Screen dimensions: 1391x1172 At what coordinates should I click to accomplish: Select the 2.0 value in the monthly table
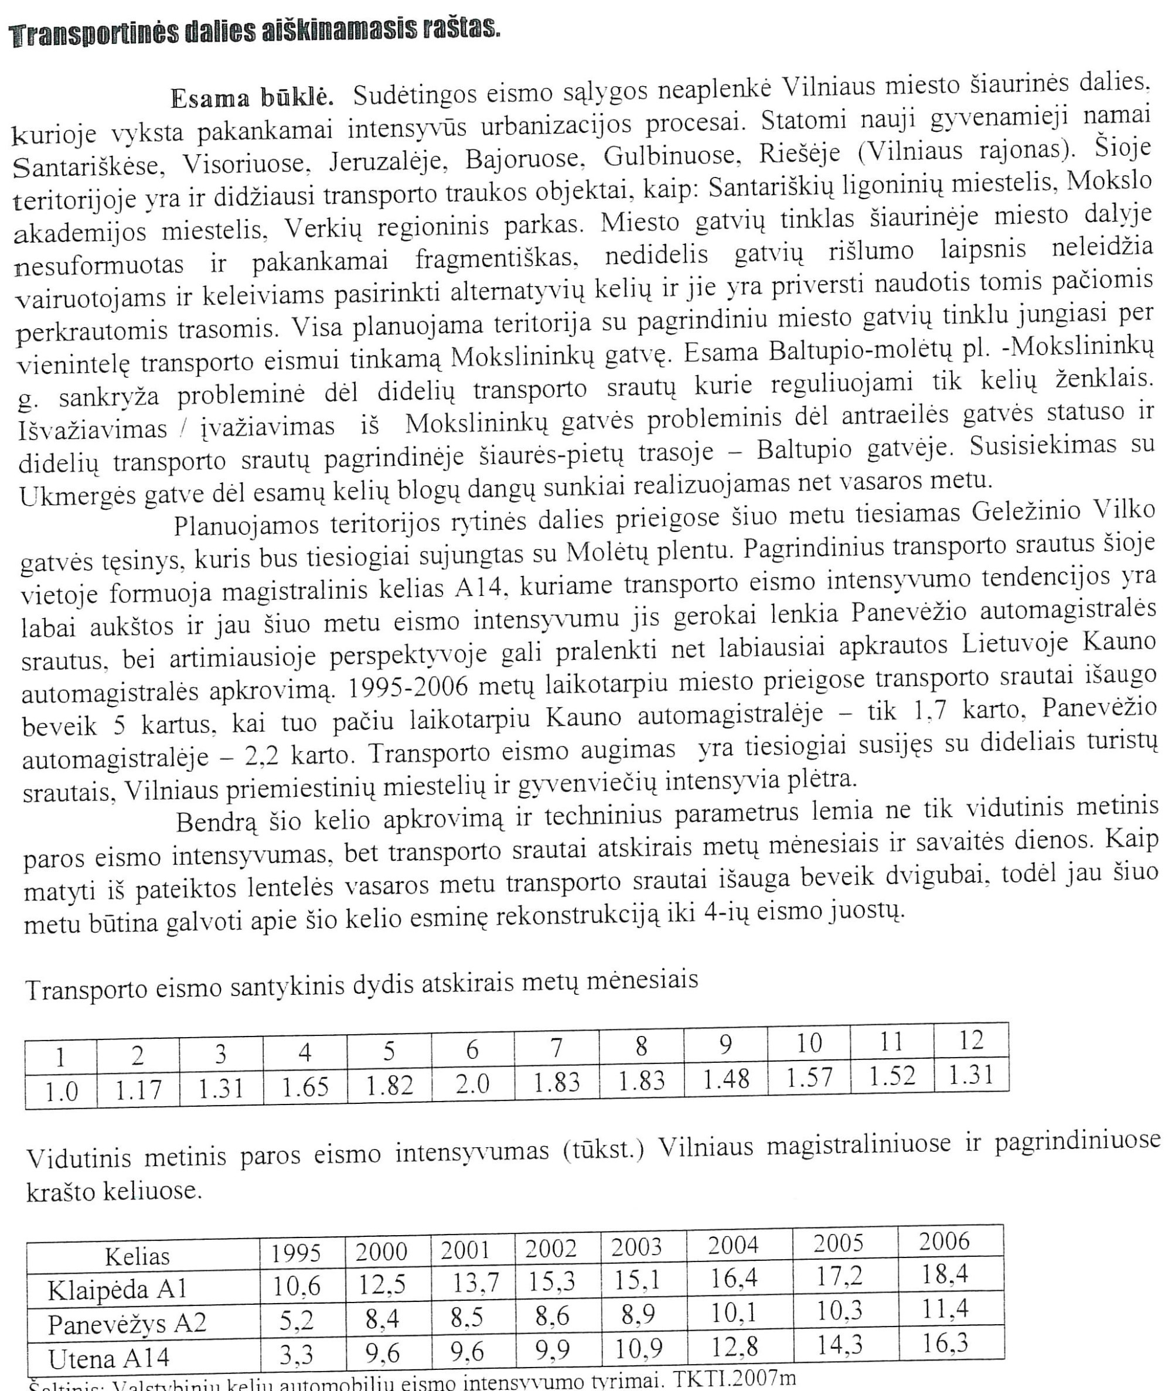click(472, 1083)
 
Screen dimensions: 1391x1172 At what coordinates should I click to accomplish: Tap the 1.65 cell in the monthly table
click(305, 1087)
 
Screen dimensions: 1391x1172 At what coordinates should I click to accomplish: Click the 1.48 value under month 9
click(725, 1080)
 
